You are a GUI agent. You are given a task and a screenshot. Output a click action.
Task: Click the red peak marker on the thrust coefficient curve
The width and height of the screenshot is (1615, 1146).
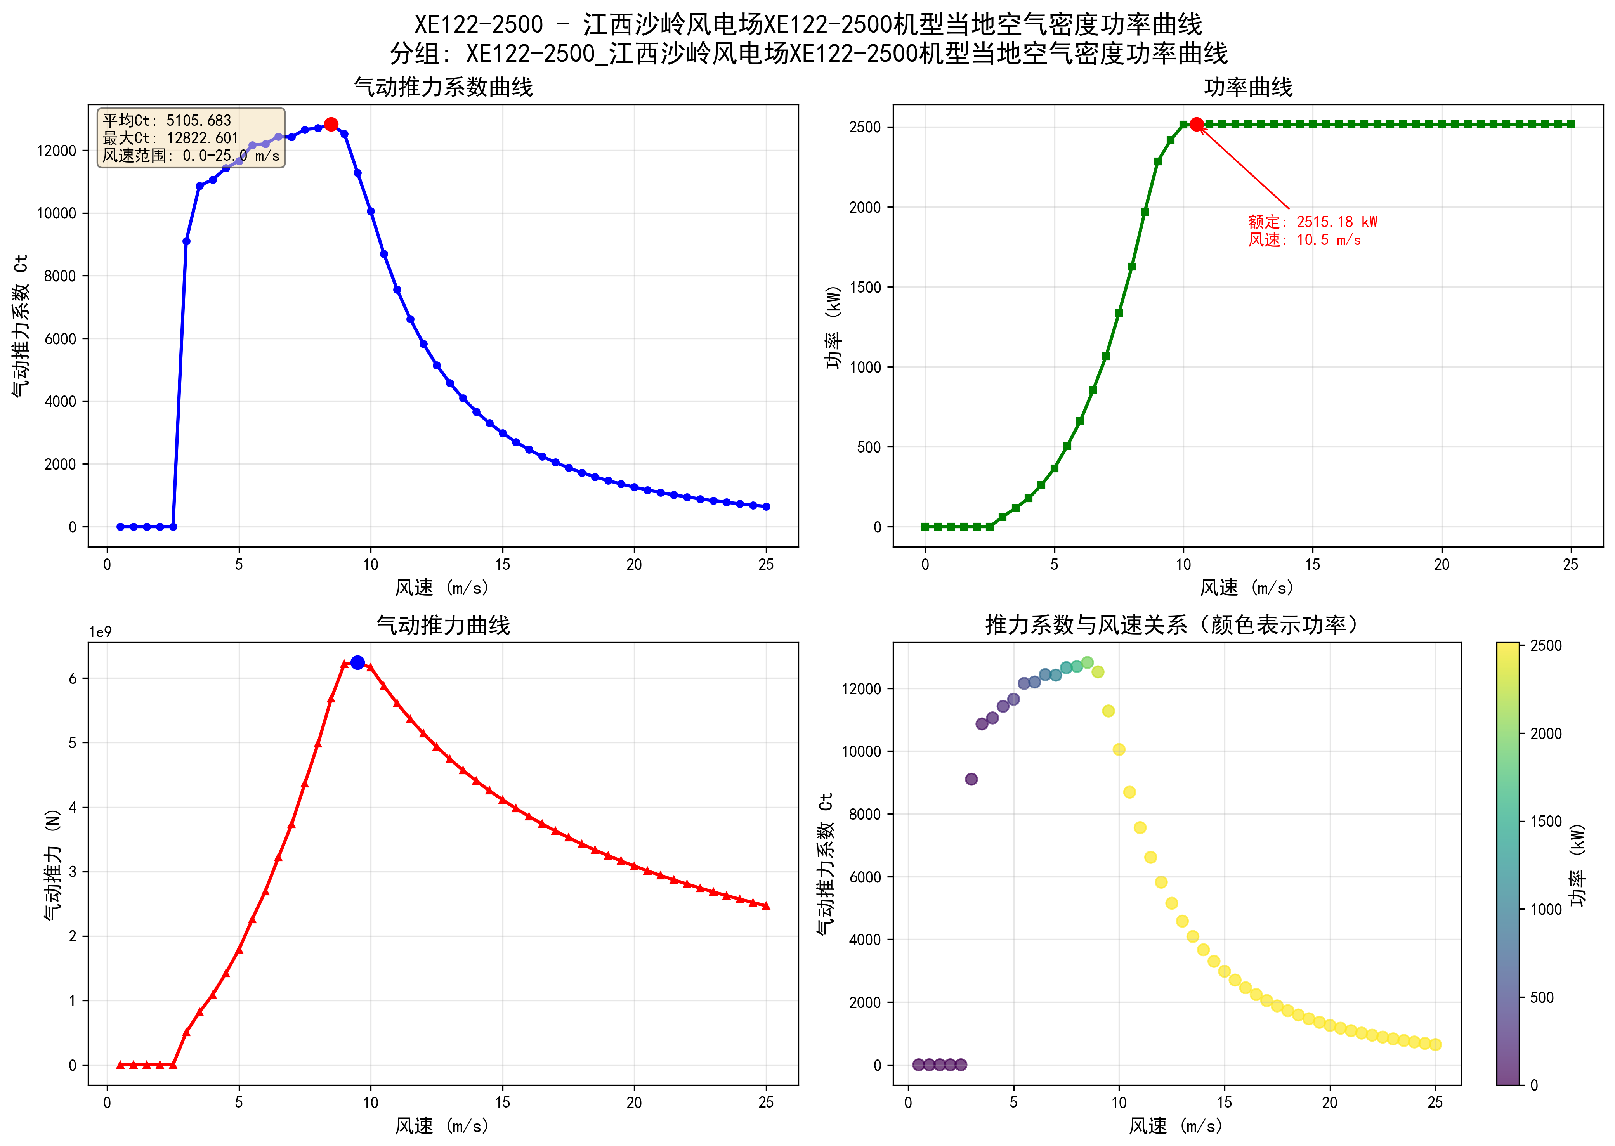(331, 124)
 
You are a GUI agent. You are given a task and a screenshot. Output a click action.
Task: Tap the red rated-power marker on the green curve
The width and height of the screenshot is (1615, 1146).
(1197, 124)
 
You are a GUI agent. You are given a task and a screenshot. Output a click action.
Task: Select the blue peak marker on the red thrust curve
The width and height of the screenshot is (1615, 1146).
(358, 662)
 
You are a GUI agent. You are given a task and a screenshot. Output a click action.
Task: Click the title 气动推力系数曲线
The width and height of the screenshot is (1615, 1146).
(443, 87)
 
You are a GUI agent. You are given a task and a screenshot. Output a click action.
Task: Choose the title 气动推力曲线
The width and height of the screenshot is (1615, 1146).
(443, 625)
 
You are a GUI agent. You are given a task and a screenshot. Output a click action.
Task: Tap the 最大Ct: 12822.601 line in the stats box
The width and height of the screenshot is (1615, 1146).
(171, 138)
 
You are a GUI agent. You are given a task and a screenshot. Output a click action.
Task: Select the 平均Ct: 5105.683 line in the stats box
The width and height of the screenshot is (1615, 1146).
(167, 121)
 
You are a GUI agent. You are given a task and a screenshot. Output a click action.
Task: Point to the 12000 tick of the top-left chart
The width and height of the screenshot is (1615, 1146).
(56, 151)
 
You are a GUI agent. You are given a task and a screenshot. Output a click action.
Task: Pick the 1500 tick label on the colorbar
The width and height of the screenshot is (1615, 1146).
(1546, 822)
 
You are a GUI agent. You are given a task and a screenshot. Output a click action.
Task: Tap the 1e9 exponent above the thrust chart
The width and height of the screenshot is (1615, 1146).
(100, 632)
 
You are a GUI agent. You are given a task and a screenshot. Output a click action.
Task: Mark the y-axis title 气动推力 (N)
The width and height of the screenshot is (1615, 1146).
(53, 864)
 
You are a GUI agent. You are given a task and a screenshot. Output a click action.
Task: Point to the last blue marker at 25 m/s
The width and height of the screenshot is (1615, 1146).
(766, 507)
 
